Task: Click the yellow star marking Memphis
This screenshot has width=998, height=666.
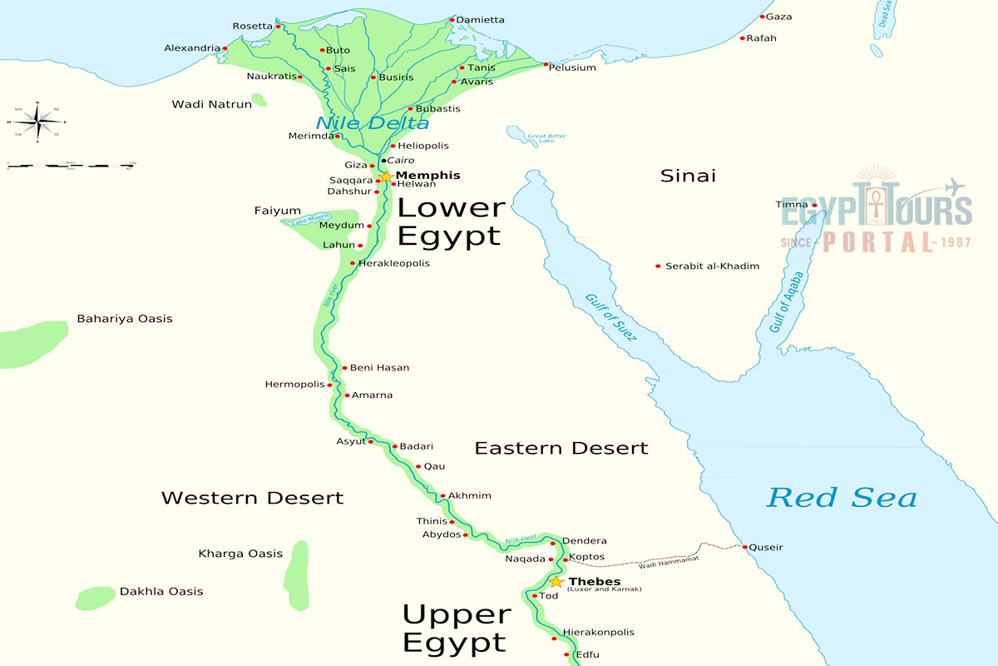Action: [x=386, y=176]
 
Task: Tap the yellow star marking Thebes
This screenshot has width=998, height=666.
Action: [x=556, y=581]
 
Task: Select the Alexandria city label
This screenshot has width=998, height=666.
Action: [x=192, y=48]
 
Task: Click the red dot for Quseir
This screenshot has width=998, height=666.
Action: [x=744, y=547]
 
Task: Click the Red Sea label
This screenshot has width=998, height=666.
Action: [x=841, y=498]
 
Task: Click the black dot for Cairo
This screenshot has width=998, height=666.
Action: [x=383, y=160]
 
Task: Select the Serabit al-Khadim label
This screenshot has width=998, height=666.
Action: [x=712, y=266]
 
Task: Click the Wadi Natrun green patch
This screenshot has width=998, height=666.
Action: [x=259, y=101]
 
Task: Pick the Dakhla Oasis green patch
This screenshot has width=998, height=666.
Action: [x=95, y=597]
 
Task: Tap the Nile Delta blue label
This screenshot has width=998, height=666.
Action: [x=372, y=123]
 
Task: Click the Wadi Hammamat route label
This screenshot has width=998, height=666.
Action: [x=669, y=564]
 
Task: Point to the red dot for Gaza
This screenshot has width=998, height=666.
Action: [x=762, y=17]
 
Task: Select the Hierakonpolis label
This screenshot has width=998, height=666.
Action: [x=598, y=632]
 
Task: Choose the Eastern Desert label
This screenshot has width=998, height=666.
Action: [x=561, y=448]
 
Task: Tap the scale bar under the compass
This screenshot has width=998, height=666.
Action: [x=71, y=166]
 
